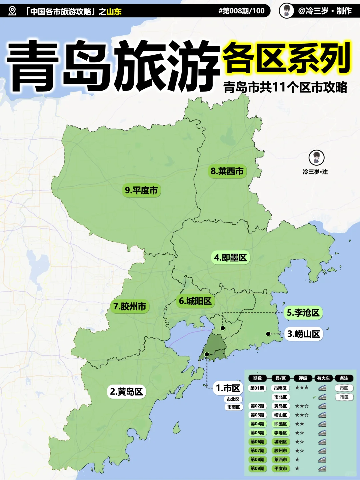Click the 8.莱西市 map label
[x=227, y=171]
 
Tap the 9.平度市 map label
[x=141, y=190]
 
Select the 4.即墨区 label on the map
[x=230, y=257]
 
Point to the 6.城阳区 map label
[x=195, y=301]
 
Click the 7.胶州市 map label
[x=130, y=306]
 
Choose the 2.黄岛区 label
[x=126, y=391]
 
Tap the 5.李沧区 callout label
[x=303, y=313]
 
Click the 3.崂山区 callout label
[x=303, y=334]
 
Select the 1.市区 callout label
[x=228, y=388]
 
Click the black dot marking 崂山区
[x=268, y=334]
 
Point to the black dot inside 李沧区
[x=223, y=328]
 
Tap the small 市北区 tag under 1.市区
[x=233, y=399]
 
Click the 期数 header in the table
[x=257, y=378]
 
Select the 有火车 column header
[x=323, y=378]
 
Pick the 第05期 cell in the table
[x=257, y=433]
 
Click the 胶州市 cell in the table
[x=281, y=451]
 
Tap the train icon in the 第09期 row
[x=322, y=468]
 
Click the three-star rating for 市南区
[x=302, y=388]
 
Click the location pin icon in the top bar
[x=12, y=11]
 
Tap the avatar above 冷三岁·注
[x=316, y=157]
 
